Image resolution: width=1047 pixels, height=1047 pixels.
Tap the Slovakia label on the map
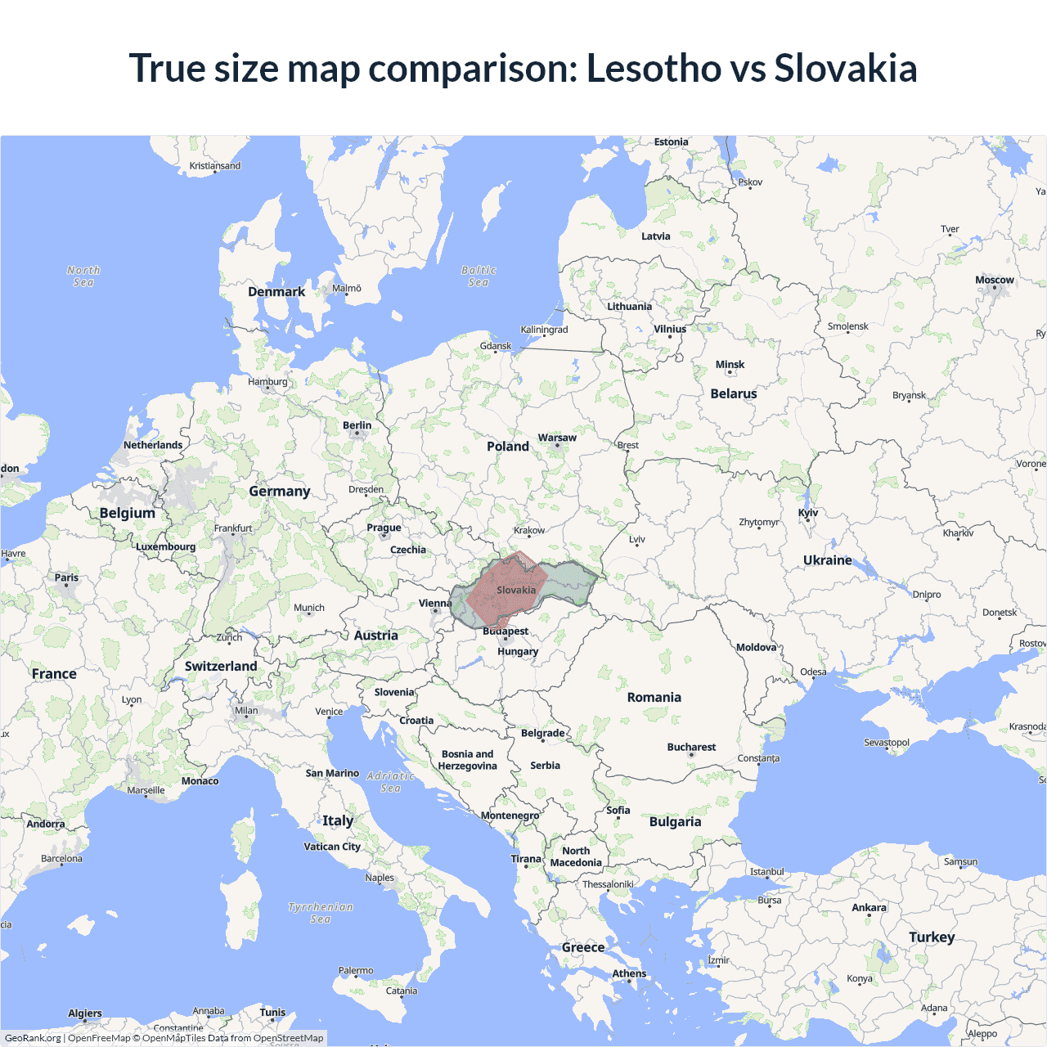tap(516, 590)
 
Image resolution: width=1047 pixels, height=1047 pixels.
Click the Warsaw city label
tap(557, 438)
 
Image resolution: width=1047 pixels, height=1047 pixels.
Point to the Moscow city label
tap(994, 280)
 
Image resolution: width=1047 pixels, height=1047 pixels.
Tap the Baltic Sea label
tap(479, 276)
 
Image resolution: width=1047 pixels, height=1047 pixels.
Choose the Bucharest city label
tap(691, 747)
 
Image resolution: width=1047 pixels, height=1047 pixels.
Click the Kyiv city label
tap(808, 513)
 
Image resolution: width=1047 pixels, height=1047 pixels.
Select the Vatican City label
tap(332, 847)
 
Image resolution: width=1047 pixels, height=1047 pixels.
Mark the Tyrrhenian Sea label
tap(321, 913)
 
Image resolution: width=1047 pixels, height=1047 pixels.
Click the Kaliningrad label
tap(544, 330)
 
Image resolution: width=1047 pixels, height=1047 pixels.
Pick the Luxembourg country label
tap(166, 546)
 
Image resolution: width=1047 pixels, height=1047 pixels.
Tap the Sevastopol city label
tap(887, 743)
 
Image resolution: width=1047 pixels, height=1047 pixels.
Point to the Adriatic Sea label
tap(391, 782)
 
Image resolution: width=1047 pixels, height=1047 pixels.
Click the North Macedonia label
tap(576, 856)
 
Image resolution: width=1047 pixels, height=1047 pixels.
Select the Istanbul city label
tap(767, 871)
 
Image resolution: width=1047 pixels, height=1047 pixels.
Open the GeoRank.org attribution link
tap(33, 1038)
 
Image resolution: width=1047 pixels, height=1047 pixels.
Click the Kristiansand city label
tap(215, 166)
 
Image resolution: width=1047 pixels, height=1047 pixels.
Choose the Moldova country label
tap(756, 647)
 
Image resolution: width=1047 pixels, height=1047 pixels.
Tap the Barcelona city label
tap(62, 859)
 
